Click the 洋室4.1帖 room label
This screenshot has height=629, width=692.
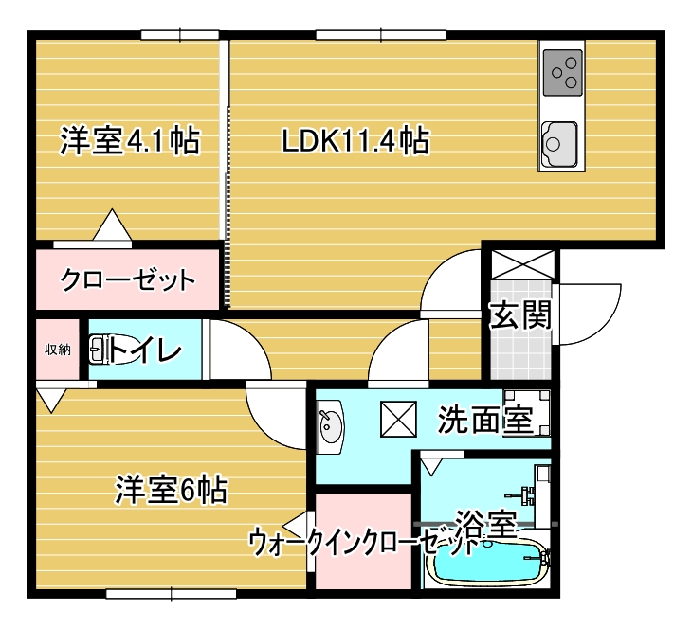coord(129,142)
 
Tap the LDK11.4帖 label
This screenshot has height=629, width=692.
coord(355,142)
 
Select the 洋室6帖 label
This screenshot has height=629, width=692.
coord(171,491)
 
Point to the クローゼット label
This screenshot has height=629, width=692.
coord(128,280)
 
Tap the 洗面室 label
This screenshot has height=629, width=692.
coord(484,421)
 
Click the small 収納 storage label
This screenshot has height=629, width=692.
coord(58,350)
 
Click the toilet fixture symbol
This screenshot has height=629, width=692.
coord(100,350)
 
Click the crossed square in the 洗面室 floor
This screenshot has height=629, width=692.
coord(395,419)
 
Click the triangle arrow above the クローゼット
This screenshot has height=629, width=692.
coord(113,227)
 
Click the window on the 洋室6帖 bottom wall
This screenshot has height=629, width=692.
coord(171,594)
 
